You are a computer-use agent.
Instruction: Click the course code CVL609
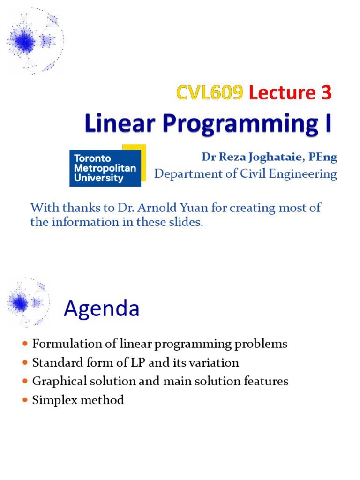210,93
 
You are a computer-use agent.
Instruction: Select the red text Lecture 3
290,93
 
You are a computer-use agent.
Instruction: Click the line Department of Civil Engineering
246,174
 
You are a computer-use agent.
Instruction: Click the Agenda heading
101,308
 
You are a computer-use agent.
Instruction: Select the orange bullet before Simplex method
25,400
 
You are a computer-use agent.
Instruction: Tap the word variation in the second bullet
216,362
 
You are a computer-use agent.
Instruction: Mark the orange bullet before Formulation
25,344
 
